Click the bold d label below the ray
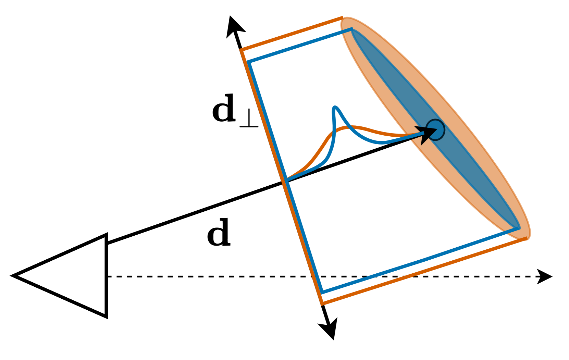219,233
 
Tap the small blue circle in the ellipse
435,130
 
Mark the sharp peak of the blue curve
335,108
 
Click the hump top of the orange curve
351,127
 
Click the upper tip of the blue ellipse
352,30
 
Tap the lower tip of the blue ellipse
518,227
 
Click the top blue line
300,46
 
